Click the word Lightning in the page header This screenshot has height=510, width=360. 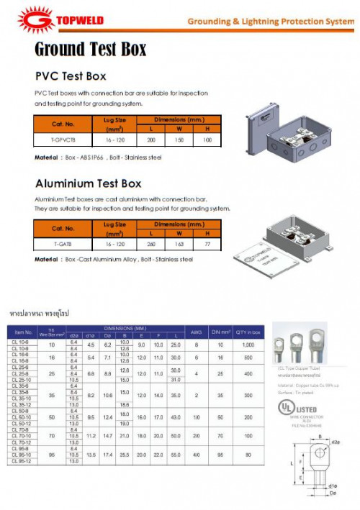(270, 22)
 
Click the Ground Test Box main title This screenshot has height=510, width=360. (91, 50)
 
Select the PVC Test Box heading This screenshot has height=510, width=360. (71, 76)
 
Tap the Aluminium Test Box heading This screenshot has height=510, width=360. (89, 183)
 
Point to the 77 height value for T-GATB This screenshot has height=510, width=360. (207, 245)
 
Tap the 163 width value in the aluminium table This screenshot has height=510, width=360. (179, 245)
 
